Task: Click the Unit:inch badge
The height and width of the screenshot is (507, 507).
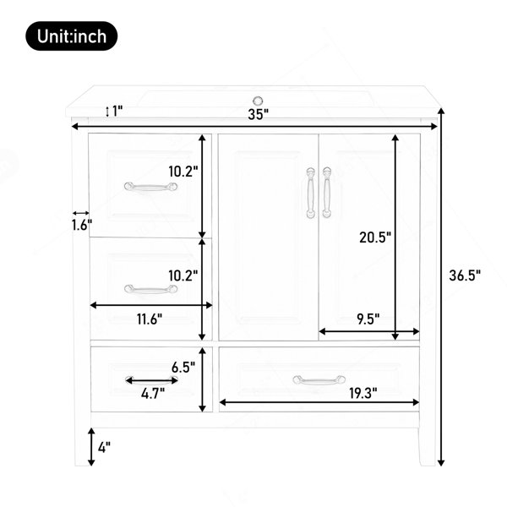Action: click(72, 35)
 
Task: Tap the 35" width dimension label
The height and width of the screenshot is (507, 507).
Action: click(259, 114)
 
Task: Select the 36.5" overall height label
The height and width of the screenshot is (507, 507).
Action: click(465, 275)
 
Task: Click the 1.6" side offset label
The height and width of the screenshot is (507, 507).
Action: click(81, 225)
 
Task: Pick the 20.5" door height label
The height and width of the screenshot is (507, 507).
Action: click(375, 237)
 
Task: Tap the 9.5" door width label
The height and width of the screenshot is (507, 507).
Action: click(368, 319)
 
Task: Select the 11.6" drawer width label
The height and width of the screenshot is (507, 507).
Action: click(149, 319)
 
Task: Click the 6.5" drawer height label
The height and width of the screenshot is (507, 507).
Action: click(183, 367)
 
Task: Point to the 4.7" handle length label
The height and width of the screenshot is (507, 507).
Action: click(153, 394)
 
